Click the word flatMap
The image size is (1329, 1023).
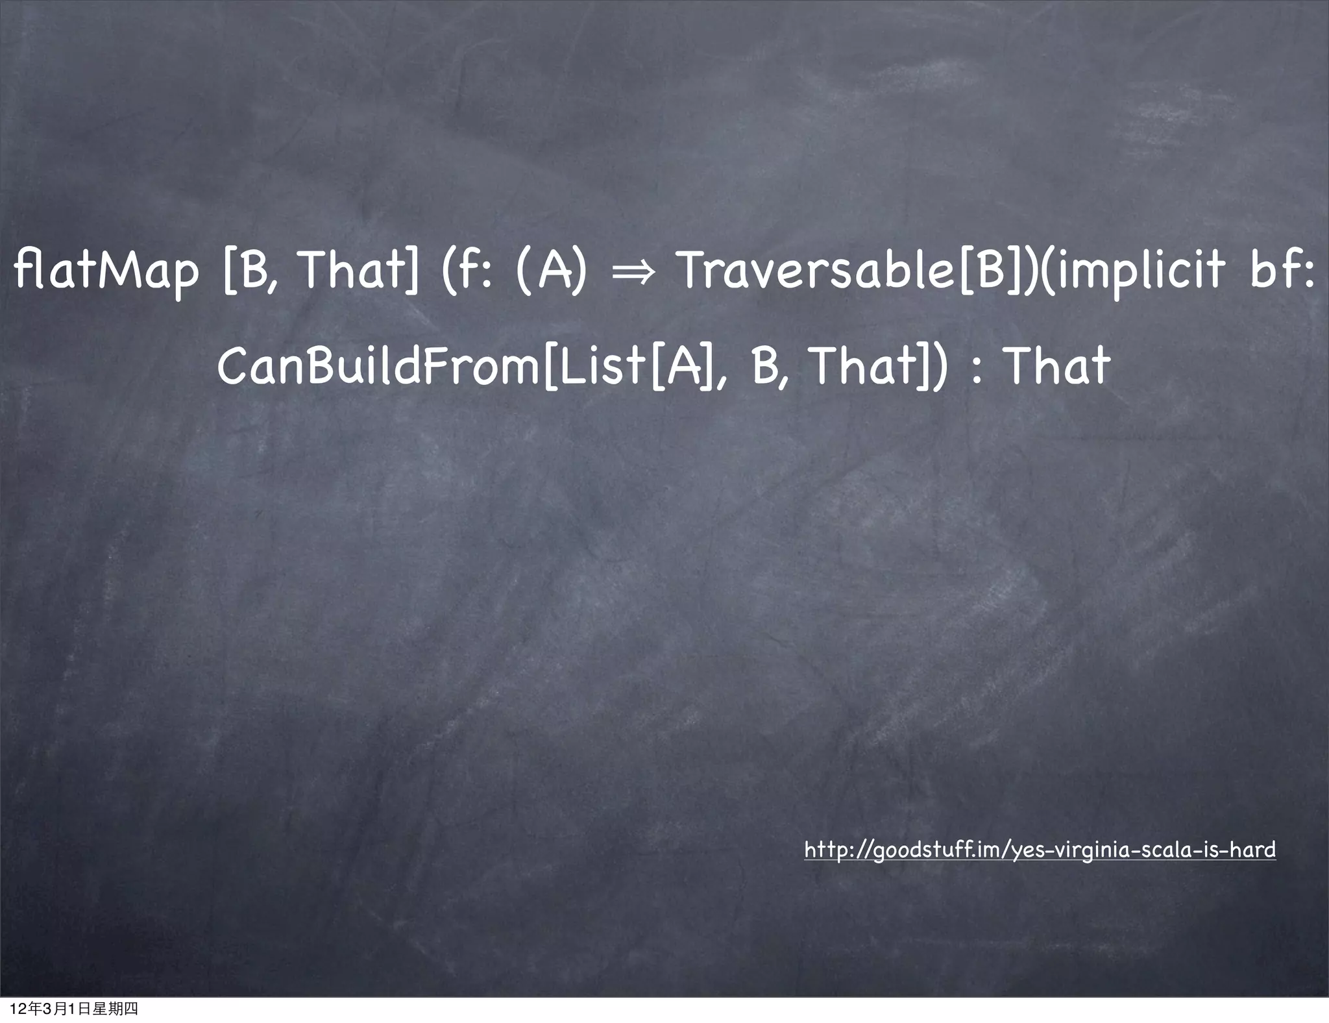tap(106, 271)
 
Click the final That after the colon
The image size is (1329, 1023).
tap(1057, 366)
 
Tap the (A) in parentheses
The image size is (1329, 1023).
tap(552, 271)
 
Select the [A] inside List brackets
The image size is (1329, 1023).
tap(681, 366)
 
